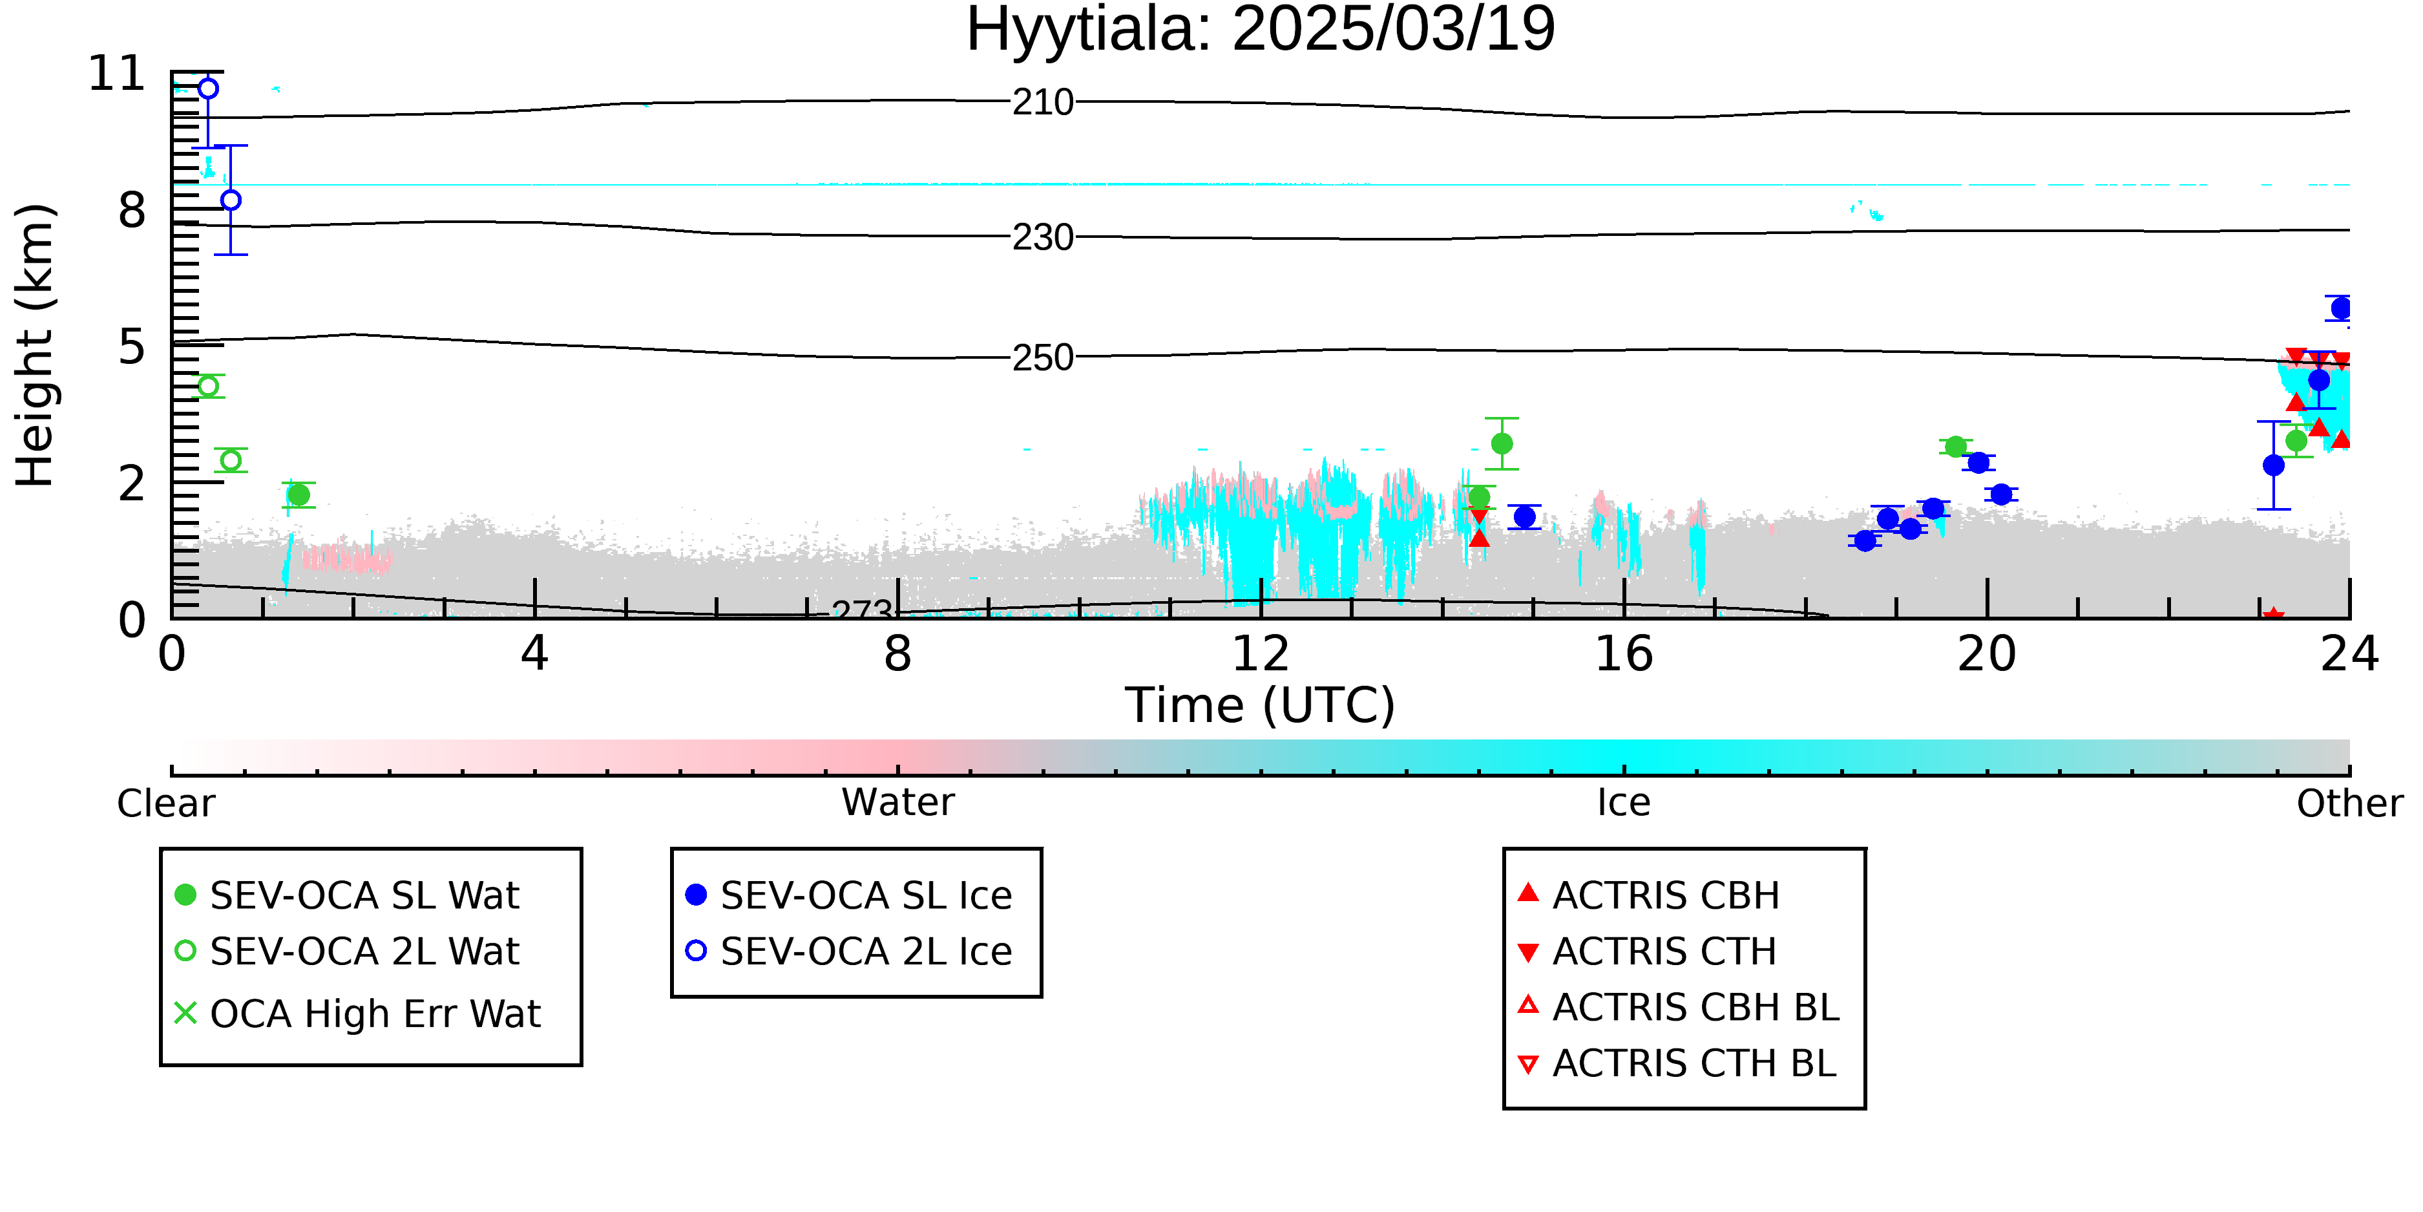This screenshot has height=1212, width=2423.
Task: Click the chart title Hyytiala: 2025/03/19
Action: [x=1261, y=30]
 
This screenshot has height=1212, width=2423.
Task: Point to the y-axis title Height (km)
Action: [x=35, y=345]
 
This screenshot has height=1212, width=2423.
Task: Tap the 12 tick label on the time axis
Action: [x=1261, y=654]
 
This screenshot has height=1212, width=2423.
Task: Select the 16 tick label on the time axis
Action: [x=1624, y=654]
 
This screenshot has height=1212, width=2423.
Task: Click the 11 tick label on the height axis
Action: [x=117, y=74]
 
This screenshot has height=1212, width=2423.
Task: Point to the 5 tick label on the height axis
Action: [x=132, y=347]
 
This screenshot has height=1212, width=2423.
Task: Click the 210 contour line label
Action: [x=1042, y=103]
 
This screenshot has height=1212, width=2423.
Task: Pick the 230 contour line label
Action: [x=1042, y=238]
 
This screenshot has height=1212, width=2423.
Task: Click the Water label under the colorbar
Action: [x=898, y=803]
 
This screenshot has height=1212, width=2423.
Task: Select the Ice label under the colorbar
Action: [x=1624, y=803]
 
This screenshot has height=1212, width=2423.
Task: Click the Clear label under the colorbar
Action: [x=165, y=803]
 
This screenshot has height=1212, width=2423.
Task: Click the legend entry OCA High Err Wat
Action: [x=357, y=1014]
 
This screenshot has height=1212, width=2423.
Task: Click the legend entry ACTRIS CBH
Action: [x=1648, y=895]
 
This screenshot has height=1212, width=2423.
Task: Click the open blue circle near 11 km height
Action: [x=209, y=89]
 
